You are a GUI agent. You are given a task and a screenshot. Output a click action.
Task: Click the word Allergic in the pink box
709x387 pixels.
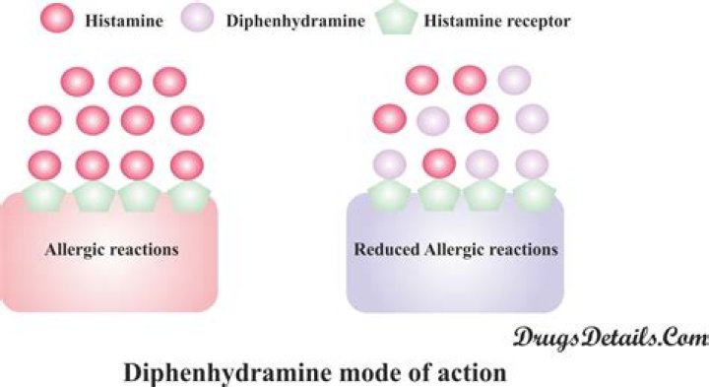pos(73,249)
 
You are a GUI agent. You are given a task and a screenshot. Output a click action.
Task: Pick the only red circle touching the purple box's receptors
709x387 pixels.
pos(438,162)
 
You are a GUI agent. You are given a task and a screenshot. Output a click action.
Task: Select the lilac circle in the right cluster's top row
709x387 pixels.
pos(514,80)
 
